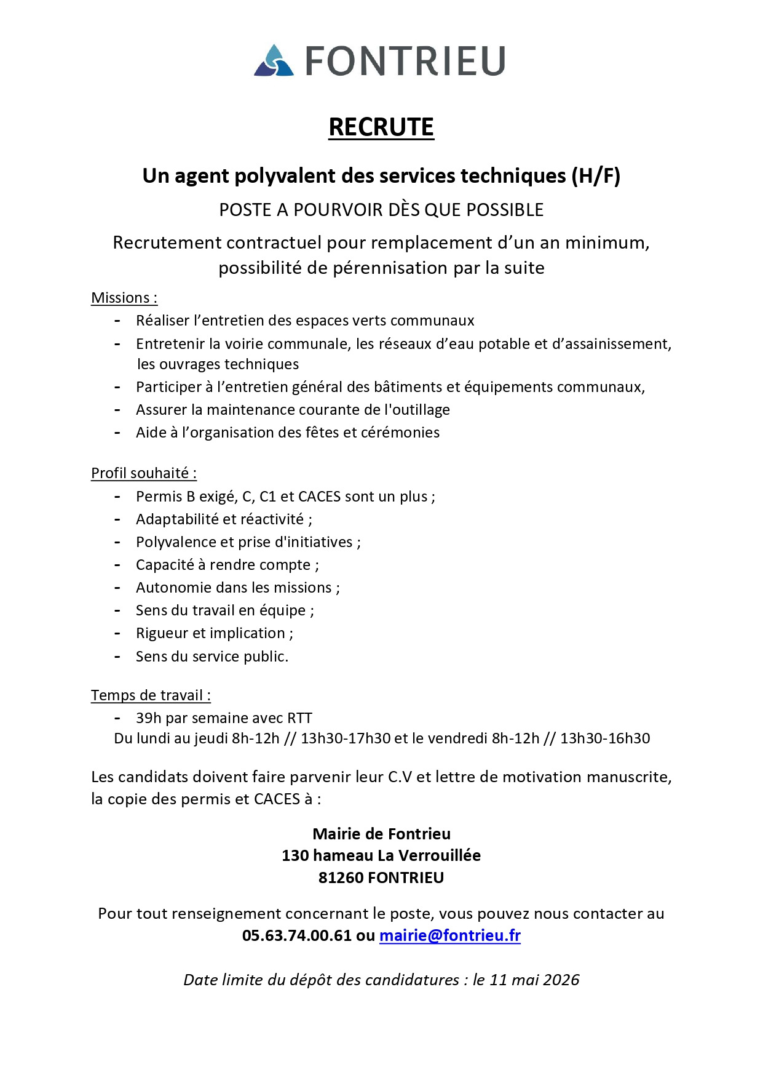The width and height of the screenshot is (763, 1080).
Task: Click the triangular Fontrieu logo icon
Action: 274,61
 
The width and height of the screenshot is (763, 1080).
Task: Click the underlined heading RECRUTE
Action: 381,127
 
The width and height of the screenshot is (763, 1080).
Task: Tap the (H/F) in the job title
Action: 595,176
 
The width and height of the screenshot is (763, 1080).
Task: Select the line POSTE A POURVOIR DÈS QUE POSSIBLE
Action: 381,210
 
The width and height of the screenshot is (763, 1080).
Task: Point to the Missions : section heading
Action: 124,298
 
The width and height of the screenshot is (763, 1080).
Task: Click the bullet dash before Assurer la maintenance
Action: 117,410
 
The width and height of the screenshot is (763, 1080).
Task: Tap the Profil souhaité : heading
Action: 144,473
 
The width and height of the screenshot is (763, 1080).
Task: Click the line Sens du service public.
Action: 212,657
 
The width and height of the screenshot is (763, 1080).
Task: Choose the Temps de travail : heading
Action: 151,695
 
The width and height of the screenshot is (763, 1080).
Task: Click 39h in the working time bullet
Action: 148,718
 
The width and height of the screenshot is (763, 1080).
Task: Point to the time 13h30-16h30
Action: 605,738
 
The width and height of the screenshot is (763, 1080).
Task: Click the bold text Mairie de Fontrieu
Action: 381,834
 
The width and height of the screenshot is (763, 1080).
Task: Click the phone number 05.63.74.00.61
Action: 297,936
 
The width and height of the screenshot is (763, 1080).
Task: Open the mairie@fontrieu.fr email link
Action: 449,936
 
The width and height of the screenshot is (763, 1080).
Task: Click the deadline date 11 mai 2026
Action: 534,980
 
